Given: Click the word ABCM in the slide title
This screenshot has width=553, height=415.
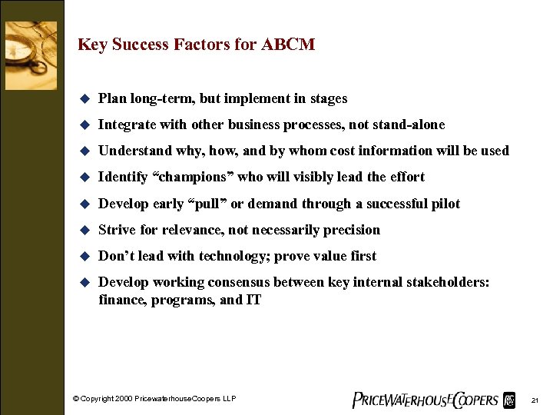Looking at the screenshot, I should click(x=288, y=45).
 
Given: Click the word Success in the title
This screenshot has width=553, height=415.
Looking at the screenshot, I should click(x=140, y=45).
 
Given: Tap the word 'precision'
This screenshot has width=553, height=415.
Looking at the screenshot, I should click(x=350, y=230).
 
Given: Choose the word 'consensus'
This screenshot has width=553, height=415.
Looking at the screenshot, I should click(x=246, y=283).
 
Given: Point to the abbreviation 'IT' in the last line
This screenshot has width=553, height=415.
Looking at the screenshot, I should click(x=253, y=300).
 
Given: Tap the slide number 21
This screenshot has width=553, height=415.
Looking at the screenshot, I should click(x=535, y=400).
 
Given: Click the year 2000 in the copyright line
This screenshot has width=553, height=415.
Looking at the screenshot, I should click(x=125, y=399).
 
